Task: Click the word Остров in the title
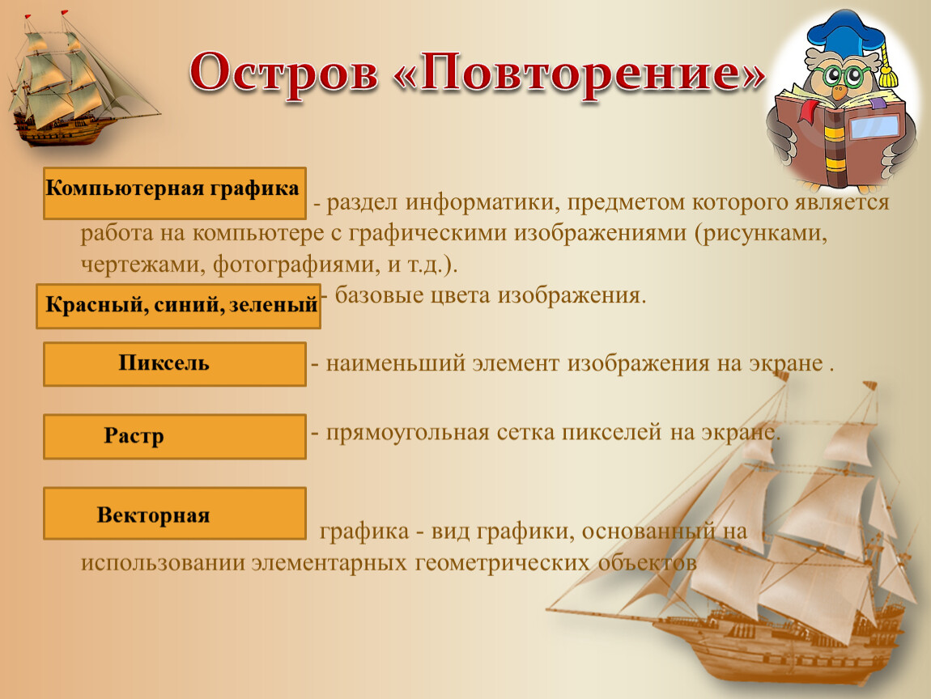[284, 74]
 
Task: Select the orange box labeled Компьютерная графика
[175, 193]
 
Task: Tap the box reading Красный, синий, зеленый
[178, 306]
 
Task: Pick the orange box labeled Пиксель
[175, 364]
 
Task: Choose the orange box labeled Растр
[175, 437]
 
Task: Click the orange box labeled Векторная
[175, 514]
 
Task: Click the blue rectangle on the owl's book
[874, 127]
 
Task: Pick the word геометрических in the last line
[502, 563]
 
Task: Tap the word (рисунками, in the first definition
[761, 233]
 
